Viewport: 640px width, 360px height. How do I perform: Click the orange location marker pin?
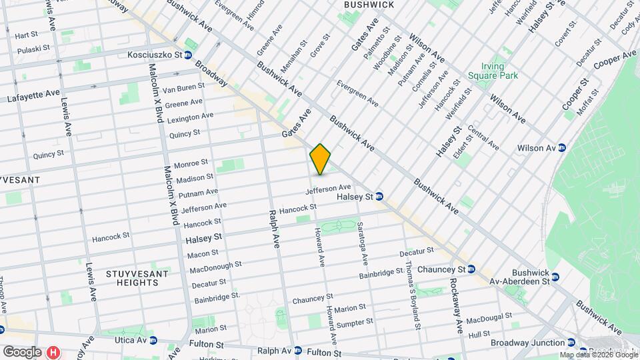tap(321, 159)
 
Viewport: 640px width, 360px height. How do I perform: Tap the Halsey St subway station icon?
tap(379, 197)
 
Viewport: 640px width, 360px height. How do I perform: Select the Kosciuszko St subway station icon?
tap(189, 55)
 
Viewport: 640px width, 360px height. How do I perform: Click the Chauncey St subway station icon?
tap(471, 269)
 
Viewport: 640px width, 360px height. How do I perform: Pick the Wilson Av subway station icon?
tap(562, 147)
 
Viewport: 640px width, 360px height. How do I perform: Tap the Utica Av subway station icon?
tap(153, 340)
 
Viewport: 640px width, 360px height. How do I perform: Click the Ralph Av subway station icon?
tap(298, 351)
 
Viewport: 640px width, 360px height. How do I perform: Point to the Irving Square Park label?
tap(501, 71)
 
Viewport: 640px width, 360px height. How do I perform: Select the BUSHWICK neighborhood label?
tap(369, 5)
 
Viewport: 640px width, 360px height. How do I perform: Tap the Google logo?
tap(21, 351)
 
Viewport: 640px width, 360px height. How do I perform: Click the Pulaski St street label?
tap(33, 49)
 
